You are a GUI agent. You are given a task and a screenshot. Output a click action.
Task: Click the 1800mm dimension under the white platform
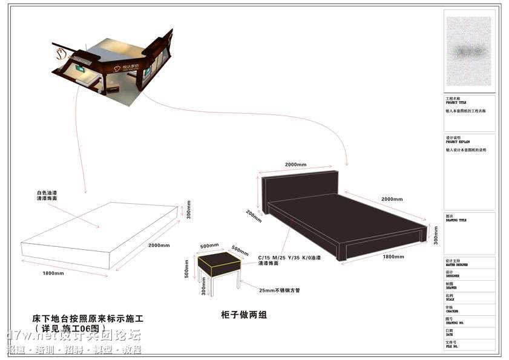[53, 273]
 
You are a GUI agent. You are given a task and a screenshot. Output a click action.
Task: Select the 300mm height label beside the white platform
[189, 209]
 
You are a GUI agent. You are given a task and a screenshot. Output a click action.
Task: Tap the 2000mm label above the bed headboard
[295, 165]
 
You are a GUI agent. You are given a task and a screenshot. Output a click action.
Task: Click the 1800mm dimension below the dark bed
[393, 257]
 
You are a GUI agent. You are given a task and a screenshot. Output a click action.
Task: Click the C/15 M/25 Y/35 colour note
[289, 258]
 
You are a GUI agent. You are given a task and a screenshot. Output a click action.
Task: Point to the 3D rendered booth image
[113, 67]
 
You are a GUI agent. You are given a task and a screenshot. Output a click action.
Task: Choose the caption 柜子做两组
[245, 315]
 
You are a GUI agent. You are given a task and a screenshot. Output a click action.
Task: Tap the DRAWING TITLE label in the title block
[456, 220]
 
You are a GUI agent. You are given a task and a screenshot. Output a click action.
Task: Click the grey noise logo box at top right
[468, 51]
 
